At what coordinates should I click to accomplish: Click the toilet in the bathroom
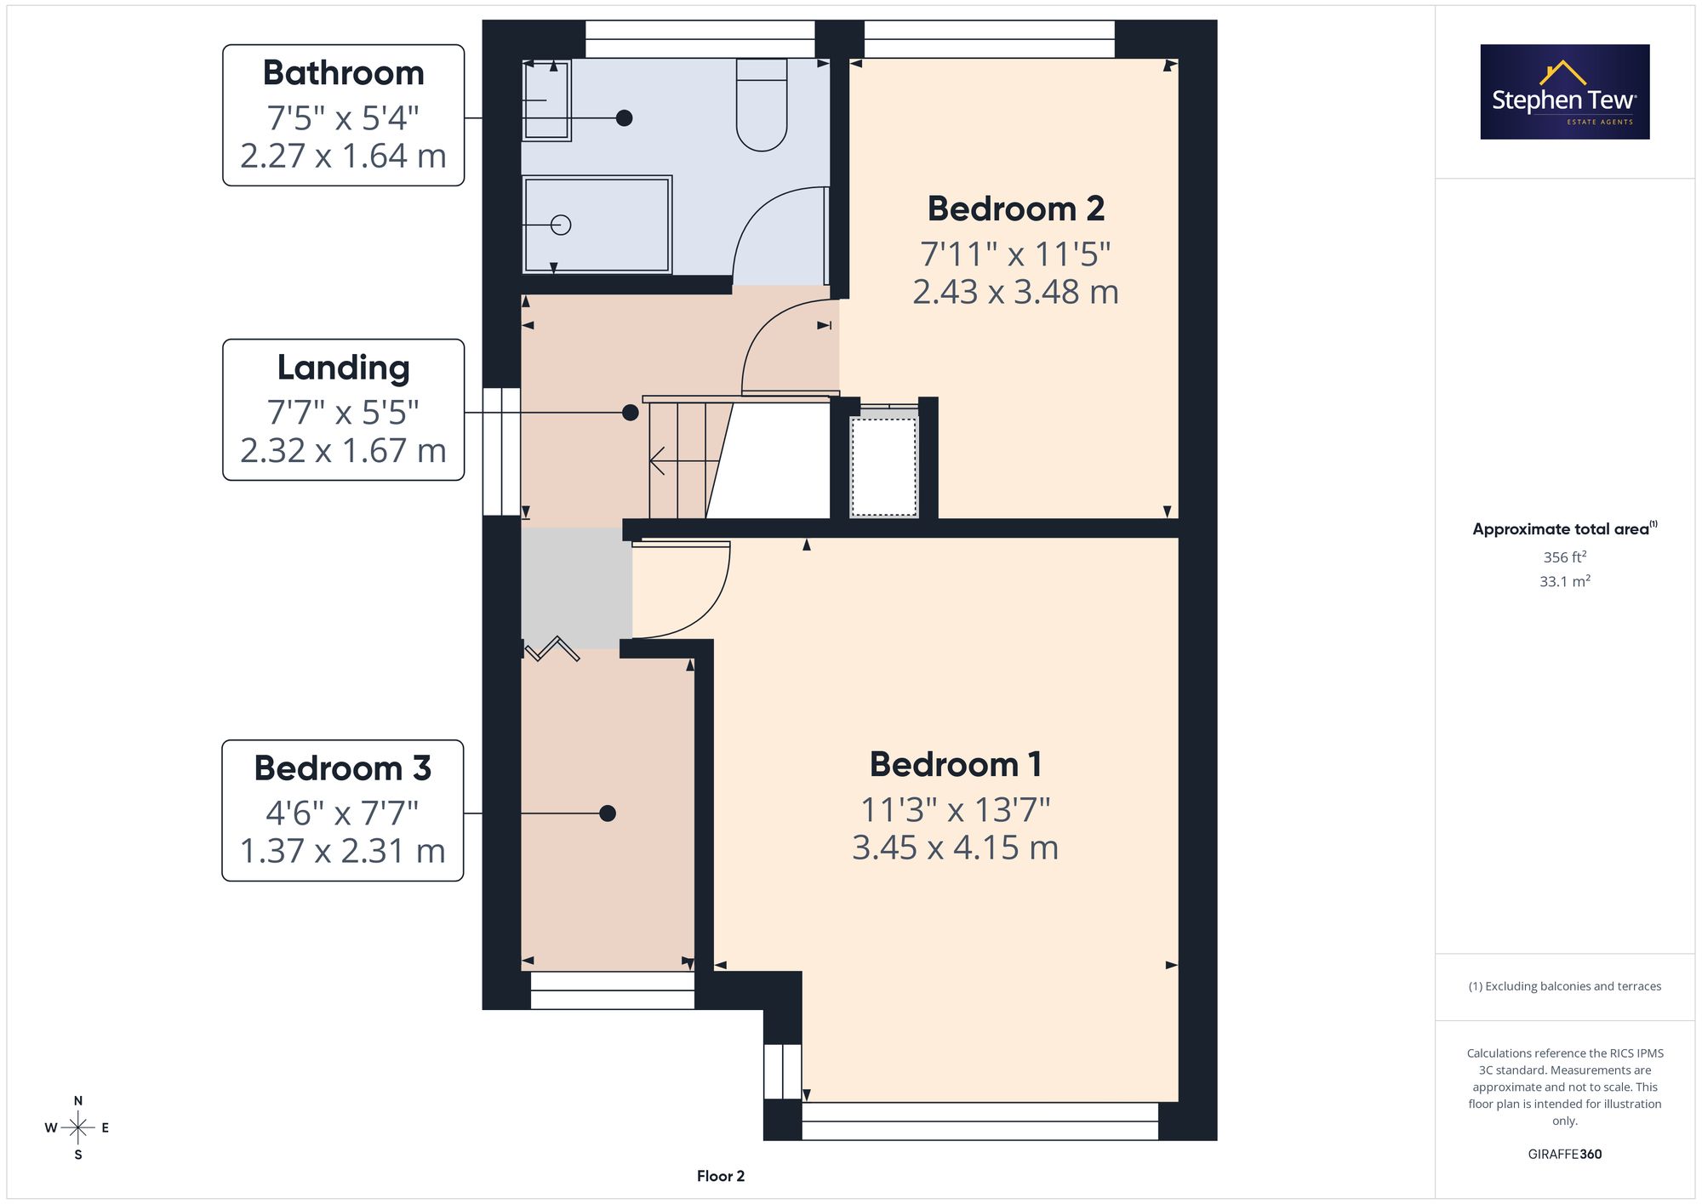click(761, 105)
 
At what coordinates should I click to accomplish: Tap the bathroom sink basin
click(545, 100)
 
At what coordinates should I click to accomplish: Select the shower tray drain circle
click(560, 225)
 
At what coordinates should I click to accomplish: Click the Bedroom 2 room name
click(1015, 208)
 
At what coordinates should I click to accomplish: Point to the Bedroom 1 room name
click(955, 764)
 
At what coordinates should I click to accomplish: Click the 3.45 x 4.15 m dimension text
click(955, 847)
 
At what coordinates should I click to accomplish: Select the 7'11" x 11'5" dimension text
click(1015, 254)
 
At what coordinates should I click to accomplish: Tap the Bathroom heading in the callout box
click(343, 73)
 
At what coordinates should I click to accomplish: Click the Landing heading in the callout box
click(343, 368)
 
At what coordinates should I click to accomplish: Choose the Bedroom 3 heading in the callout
click(343, 768)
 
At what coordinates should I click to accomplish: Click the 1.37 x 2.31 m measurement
click(343, 851)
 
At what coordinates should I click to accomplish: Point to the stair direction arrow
click(684, 461)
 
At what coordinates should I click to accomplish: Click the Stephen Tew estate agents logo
click(1565, 92)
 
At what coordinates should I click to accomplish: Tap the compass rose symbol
click(77, 1128)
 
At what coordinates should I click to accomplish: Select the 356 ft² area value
click(1565, 557)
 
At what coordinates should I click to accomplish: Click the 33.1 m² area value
click(1565, 582)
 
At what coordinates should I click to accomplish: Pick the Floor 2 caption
click(721, 1176)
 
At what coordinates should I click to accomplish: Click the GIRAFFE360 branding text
click(1565, 1155)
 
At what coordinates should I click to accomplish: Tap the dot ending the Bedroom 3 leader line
click(608, 813)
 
